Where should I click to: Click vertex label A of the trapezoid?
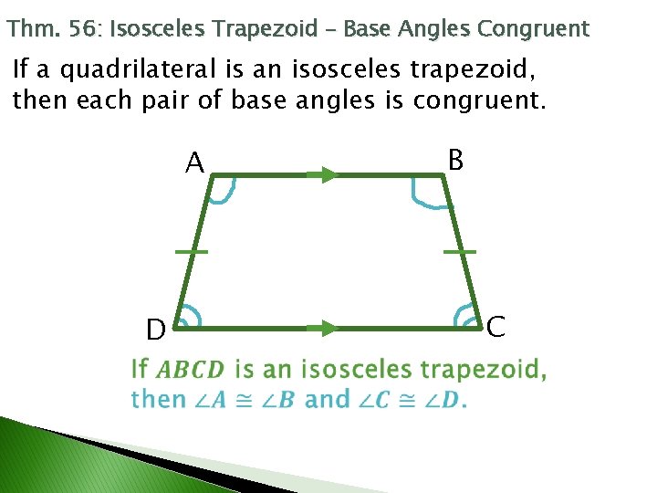point(194,163)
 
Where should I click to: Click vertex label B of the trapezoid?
point(456,161)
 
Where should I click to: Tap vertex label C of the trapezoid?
point(495,326)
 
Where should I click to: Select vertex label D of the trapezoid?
point(156,329)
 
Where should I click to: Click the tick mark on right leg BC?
point(460,250)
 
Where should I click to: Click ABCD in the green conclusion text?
point(190,370)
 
